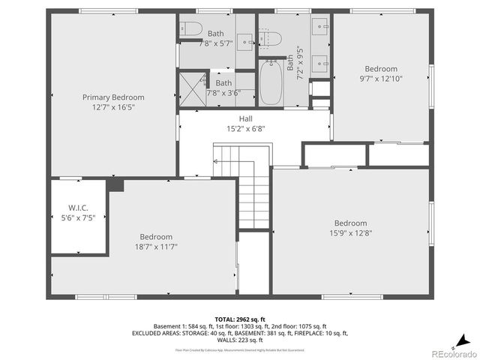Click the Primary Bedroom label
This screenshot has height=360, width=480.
coord(113,97)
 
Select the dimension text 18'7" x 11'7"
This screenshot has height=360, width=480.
coord(156,247)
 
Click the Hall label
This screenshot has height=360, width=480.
coord(245,118)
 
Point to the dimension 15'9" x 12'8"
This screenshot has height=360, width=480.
coord(350,233)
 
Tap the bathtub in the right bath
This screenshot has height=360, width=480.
coord(271,84)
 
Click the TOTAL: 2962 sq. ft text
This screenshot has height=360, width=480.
coord(241,318)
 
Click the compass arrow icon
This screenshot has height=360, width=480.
coord(466,339)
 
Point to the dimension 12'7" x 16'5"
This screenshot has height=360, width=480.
coord(113,107)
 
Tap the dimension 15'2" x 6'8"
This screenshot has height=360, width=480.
coord(245,128)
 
